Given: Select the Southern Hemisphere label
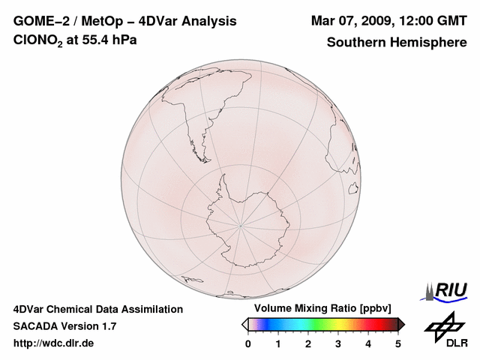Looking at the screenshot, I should (396, 42).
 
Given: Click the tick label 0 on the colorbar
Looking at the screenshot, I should (248, 343).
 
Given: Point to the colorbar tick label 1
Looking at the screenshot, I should (278, 343).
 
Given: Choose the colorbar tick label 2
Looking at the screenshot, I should (308, 343).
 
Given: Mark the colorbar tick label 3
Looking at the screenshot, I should (338, 343).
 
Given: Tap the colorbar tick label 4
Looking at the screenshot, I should (368, 343).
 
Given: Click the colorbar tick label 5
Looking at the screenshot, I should (398, 343).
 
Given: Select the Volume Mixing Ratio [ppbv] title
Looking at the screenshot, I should (319, 308).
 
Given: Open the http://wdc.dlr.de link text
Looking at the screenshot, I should (54, 343).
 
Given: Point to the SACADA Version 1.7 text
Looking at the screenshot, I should (64, 326).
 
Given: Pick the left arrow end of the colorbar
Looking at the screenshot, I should (244, 324).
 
